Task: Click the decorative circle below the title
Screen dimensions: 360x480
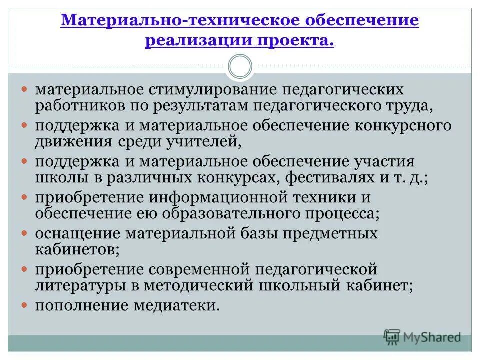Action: coord(240,67)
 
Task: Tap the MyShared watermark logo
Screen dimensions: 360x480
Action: coord(422,337)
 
